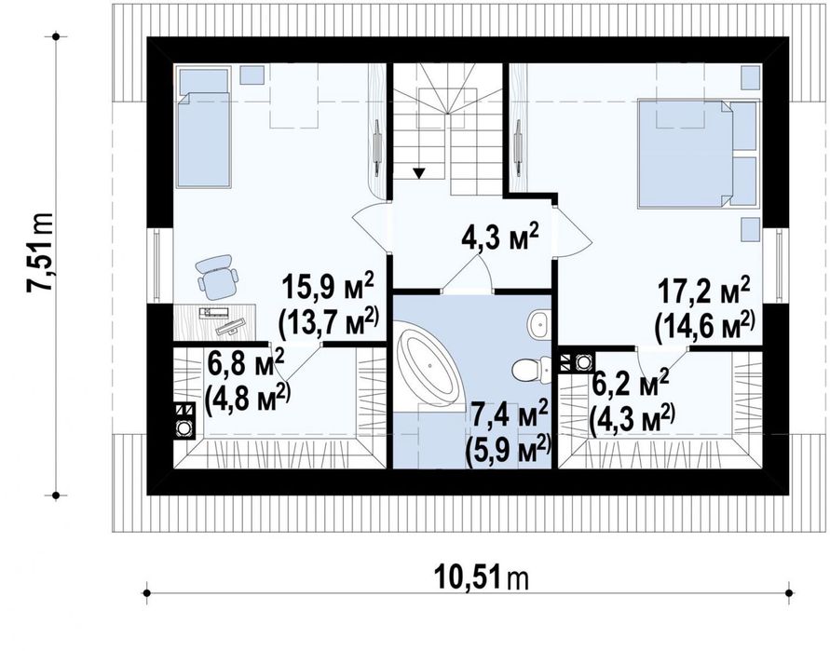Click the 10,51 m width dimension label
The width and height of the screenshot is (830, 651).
tap(481, 578)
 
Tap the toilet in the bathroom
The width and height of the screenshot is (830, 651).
tap(528, 370)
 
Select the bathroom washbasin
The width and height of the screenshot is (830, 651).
tap(537, 325)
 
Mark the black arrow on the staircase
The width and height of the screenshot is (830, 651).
tap(420, 171)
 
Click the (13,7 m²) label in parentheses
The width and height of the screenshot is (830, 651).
tap(329, 319)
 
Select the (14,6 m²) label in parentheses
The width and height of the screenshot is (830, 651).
tap(704, 325)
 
